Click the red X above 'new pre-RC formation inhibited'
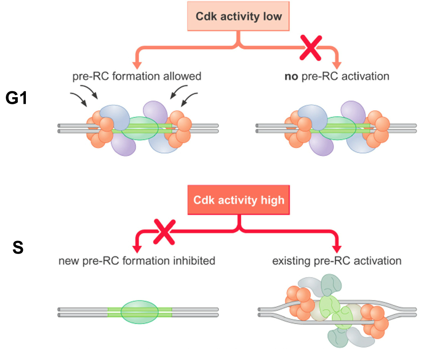click(x=164, y=233)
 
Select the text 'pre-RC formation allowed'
click(x=136, y=76)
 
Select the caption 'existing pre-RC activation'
click(x=337, y=260)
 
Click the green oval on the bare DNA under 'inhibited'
click(x=140, y=310)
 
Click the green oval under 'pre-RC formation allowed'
click(x=140, y=128)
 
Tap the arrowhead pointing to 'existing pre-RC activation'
click(x=337, y=248)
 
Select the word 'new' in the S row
click(x=67, y=260)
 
